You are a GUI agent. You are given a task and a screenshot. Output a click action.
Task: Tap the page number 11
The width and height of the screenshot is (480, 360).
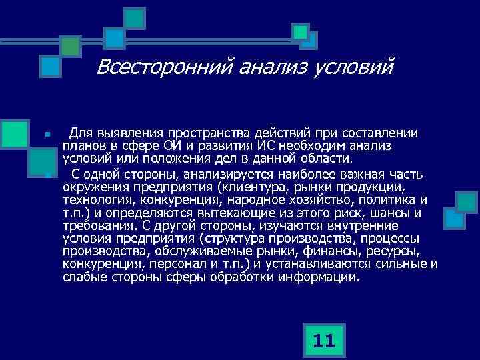click(323, 341)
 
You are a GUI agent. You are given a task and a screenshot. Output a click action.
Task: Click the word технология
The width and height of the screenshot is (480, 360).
click(98, 200)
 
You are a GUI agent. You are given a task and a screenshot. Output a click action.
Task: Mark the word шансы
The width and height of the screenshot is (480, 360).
click(389, 213)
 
